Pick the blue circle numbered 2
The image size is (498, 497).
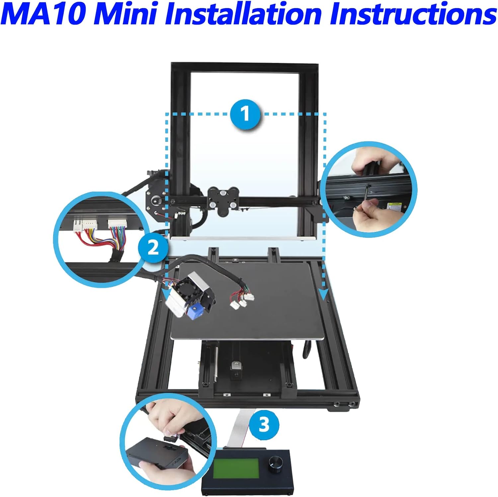[x=153, y=248]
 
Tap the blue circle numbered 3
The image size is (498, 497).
[x=264, y=425]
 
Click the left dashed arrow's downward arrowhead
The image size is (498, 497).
[x=166, y=294]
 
